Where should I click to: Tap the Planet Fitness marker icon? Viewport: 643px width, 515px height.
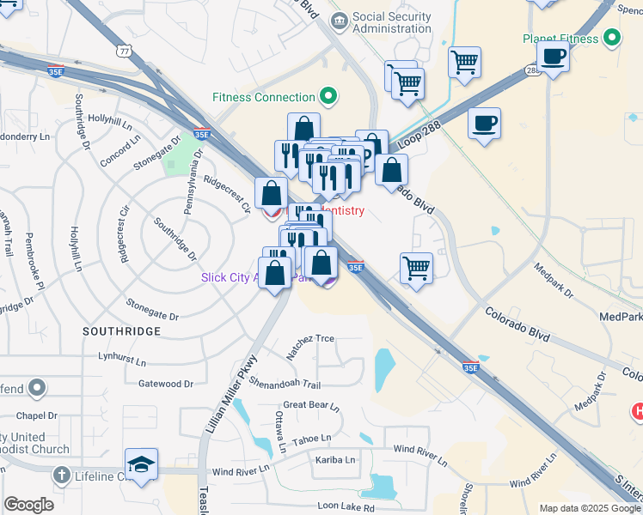click(x=612, y=39)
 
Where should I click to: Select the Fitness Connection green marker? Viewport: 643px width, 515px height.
click(x=328, y=96)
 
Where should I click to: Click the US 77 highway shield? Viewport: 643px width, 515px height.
click(x=126, y=51)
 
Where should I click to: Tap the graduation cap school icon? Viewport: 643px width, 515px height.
click(x=142, y=464)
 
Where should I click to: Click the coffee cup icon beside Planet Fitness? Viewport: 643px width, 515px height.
click(x=553, y=57)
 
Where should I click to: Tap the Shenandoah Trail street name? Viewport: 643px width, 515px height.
click(x=285, y=385)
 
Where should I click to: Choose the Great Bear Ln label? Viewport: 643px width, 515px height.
click(x=311, y=406)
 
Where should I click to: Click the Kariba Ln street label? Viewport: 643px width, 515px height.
click(x=334, y=460)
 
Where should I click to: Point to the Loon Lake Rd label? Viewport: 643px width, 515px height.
click(x=346, y=508)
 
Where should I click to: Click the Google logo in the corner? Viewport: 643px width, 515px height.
click(x=28, y=505)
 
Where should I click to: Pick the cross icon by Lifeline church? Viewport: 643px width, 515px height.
click(x=61, y=475)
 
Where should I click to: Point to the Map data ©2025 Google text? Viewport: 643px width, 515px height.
click(x=589, y=508)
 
